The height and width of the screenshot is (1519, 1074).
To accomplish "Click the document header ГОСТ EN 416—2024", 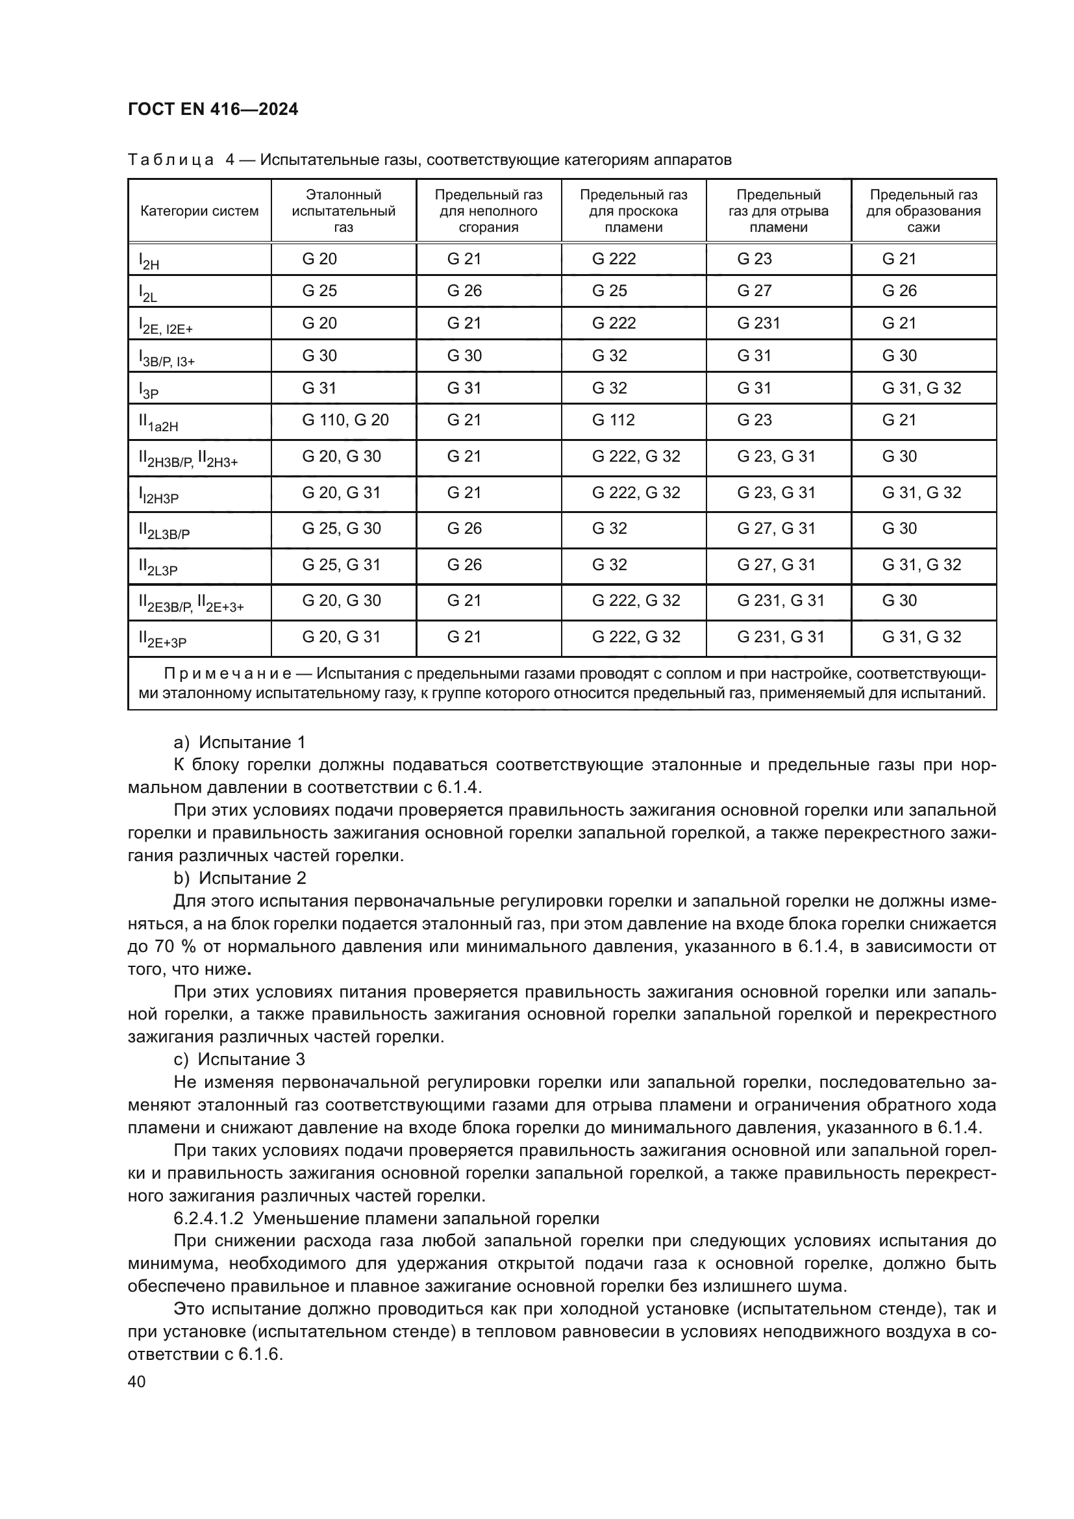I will [212, 110].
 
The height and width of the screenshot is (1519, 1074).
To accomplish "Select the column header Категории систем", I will [199, 211].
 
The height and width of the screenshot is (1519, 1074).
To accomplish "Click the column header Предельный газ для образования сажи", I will [923, 211].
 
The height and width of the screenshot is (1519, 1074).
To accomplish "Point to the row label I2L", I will [147, 293].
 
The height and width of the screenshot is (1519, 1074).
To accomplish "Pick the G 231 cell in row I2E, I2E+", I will [758, 323].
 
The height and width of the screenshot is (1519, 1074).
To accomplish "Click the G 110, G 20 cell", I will [345, 420].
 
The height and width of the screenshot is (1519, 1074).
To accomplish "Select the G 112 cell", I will [613, 420].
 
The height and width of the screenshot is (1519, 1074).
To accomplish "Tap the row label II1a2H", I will [158, 423].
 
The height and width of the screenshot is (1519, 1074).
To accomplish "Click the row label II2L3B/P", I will [164, 531].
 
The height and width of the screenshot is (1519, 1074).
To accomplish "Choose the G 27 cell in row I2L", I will [754, 291].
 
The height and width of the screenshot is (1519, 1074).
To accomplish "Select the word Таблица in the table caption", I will [171, 160].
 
